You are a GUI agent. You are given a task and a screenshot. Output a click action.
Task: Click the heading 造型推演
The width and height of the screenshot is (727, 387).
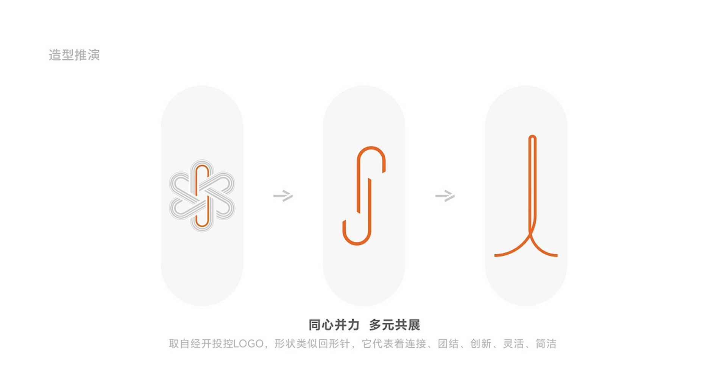pyautogui.click(x=74, y=55)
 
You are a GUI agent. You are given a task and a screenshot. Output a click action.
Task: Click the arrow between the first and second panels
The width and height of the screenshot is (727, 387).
pyautogui.click(x=283, y=196)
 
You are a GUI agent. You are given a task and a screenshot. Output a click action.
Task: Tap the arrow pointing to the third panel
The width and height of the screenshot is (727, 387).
pyautogui.click(x=445, y=196)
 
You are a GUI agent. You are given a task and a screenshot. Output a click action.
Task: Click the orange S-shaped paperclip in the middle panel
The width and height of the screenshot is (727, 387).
pyautogui.click(x=364, y=196)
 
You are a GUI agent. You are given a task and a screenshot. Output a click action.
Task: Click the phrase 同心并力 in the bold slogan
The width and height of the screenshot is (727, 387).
pyautogui.click(x=334, y=325)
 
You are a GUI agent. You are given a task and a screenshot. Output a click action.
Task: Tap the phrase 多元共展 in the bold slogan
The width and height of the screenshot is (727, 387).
pyautogui.click(x=395, y=325)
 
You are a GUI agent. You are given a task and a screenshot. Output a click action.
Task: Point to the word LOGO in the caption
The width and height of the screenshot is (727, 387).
pyautogui.click(x=248, y=344)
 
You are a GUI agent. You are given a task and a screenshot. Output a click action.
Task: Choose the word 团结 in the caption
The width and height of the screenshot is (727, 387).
pyautogui.click(x=448, y=344)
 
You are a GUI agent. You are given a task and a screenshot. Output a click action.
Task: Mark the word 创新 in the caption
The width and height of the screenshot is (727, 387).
pyautogui.click(x=481, y=344)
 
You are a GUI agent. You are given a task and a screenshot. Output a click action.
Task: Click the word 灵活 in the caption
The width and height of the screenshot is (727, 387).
pyautogui.click(x=513, y=344)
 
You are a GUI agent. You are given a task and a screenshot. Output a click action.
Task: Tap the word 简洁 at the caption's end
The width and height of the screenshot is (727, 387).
pyautogui.click(x=546, y=344)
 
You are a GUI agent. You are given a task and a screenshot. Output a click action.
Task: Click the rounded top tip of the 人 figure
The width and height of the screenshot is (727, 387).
pyautogui.click(x=532, y=137)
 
